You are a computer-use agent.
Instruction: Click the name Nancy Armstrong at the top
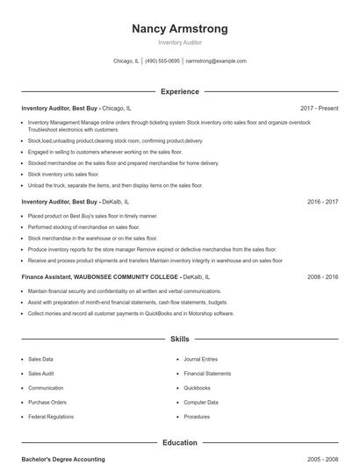(179, 29)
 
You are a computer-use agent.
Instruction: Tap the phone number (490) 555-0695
(162, 61)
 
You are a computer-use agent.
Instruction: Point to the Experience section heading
(179, 91)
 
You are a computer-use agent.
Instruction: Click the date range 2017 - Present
(319, 108)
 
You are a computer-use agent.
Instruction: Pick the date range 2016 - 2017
(322, 202)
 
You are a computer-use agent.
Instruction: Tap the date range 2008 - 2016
(322, 276)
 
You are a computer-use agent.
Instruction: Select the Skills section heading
(179, 339)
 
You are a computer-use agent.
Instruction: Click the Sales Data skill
(40, 359)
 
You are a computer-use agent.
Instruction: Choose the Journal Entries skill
(200, 359)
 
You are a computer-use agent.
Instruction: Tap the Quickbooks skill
(197, 388)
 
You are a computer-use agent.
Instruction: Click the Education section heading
(179, 443)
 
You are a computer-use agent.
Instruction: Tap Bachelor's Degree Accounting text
(63, 459)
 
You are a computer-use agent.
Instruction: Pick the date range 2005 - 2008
(322, 459)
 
